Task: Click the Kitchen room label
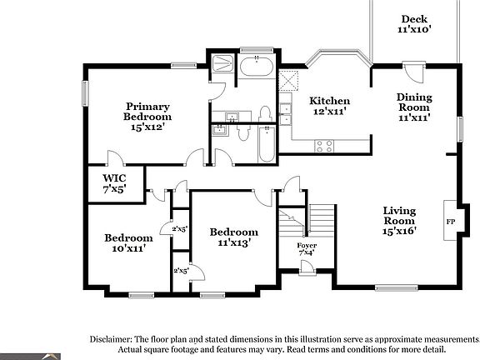coord(329,101)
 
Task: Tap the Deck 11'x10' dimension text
coord(414,29)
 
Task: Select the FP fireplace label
coord(450,222)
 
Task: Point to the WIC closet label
coord(114,177)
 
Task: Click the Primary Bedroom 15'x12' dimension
coord(147,127)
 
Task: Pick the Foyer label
coord(307,246)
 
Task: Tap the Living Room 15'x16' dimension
coord(399,231)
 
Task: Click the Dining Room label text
coord(414,102)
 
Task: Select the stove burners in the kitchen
coord(324,146)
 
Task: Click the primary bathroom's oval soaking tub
coord(257,67)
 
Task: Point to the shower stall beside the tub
coord(222,63)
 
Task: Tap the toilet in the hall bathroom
coord(243,133)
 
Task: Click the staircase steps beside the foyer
coord(322,220)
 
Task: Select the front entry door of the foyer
coord(307,267)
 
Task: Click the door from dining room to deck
coord(414,72)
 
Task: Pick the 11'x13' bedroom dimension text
coord(234,242)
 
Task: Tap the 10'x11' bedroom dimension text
coord(128,248)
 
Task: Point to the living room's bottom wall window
coord(397,287)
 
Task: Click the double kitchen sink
coord(286,114)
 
